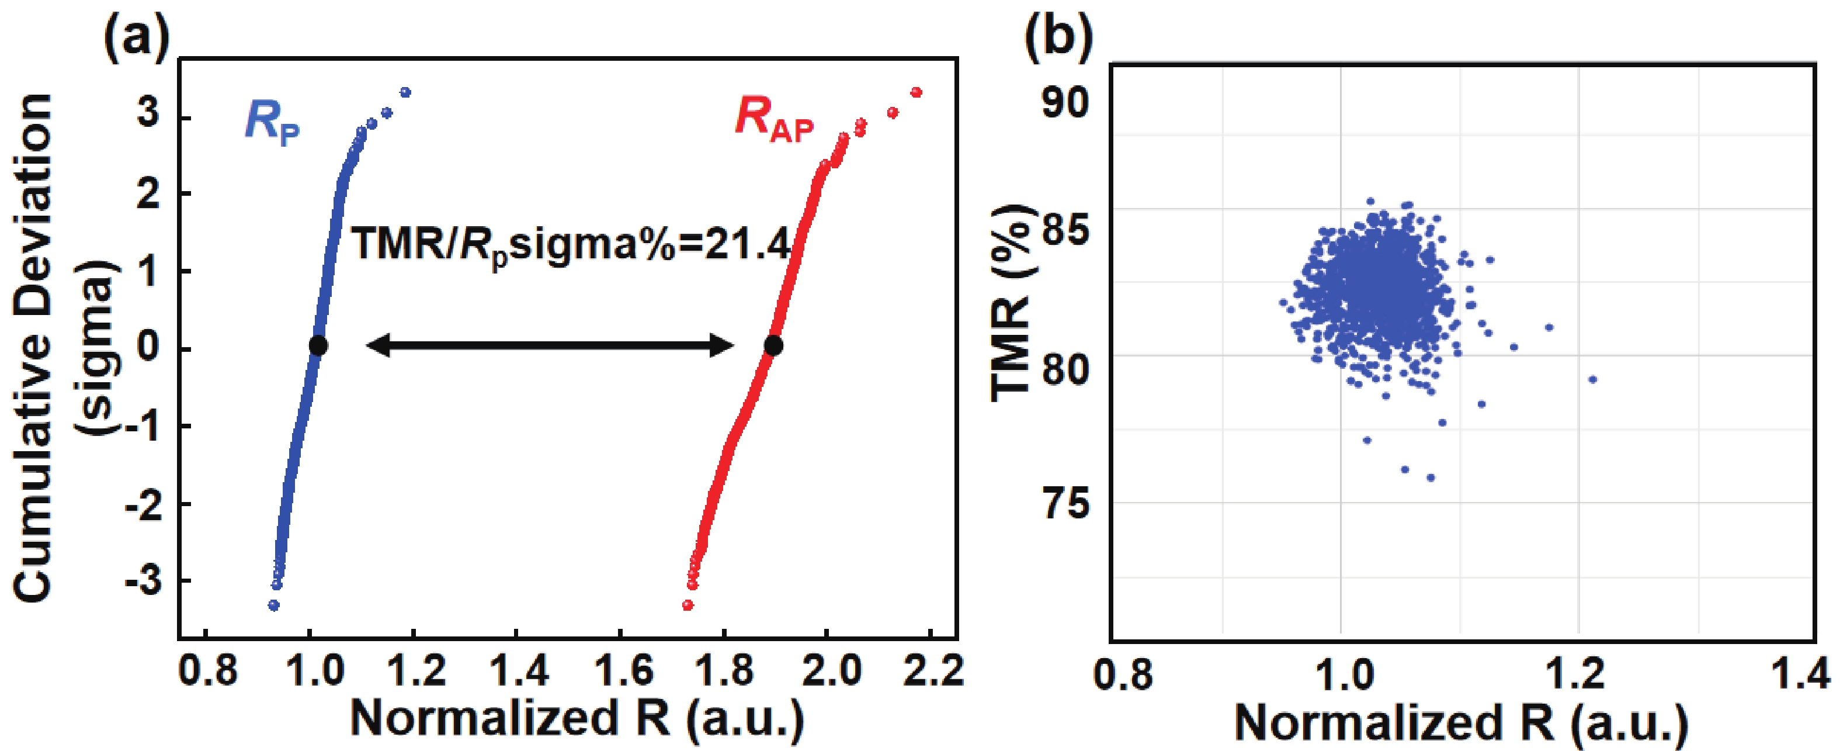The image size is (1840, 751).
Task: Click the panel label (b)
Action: (1058, 40)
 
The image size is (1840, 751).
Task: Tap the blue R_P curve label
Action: (272, 122)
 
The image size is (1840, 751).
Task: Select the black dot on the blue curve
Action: (318, 346)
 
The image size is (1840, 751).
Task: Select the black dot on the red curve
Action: (773, 346)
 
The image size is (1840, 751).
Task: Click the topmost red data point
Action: (916, 92)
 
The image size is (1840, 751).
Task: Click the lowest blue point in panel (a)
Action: (273, 605)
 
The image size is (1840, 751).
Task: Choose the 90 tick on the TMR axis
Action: (1065, 103)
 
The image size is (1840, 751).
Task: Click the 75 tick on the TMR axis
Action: (1065, 503)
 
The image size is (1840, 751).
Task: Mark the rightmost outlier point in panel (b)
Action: (1592, 379)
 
